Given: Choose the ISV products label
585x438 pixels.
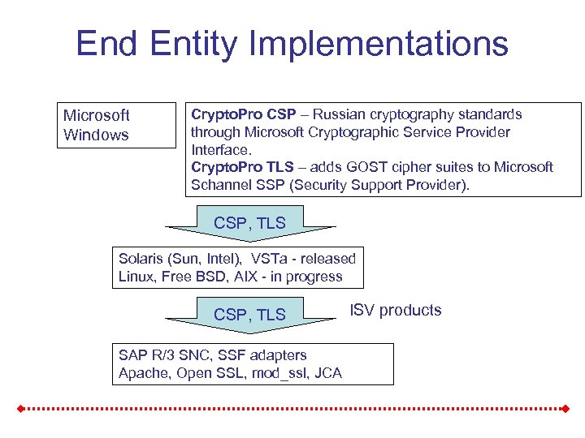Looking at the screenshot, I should [x=396, y=310].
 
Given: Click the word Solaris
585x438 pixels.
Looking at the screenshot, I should [x=141, y=259].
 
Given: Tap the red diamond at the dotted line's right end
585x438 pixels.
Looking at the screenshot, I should [x=563, y=408].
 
